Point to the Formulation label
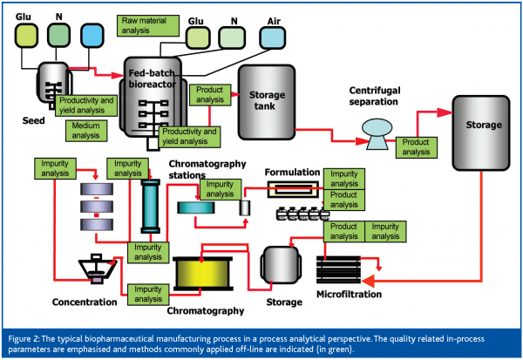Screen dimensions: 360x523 click(x=292, y=172)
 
